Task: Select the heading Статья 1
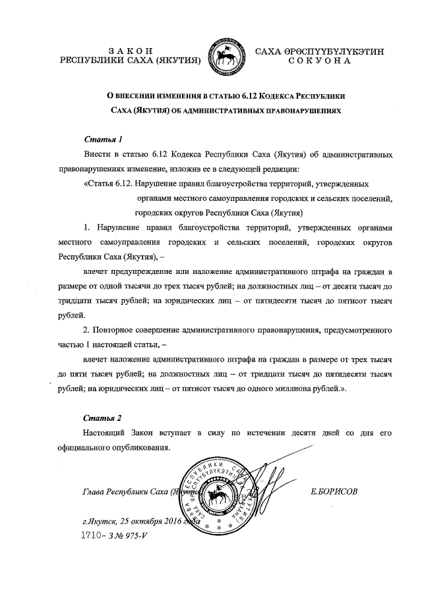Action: [x=104, y=140]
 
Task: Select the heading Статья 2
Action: [x=104, y=418]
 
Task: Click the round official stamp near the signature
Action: [x=223, y=495]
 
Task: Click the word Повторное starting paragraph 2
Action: [x=115, y=329]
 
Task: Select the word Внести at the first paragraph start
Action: [x=98, y=154]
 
